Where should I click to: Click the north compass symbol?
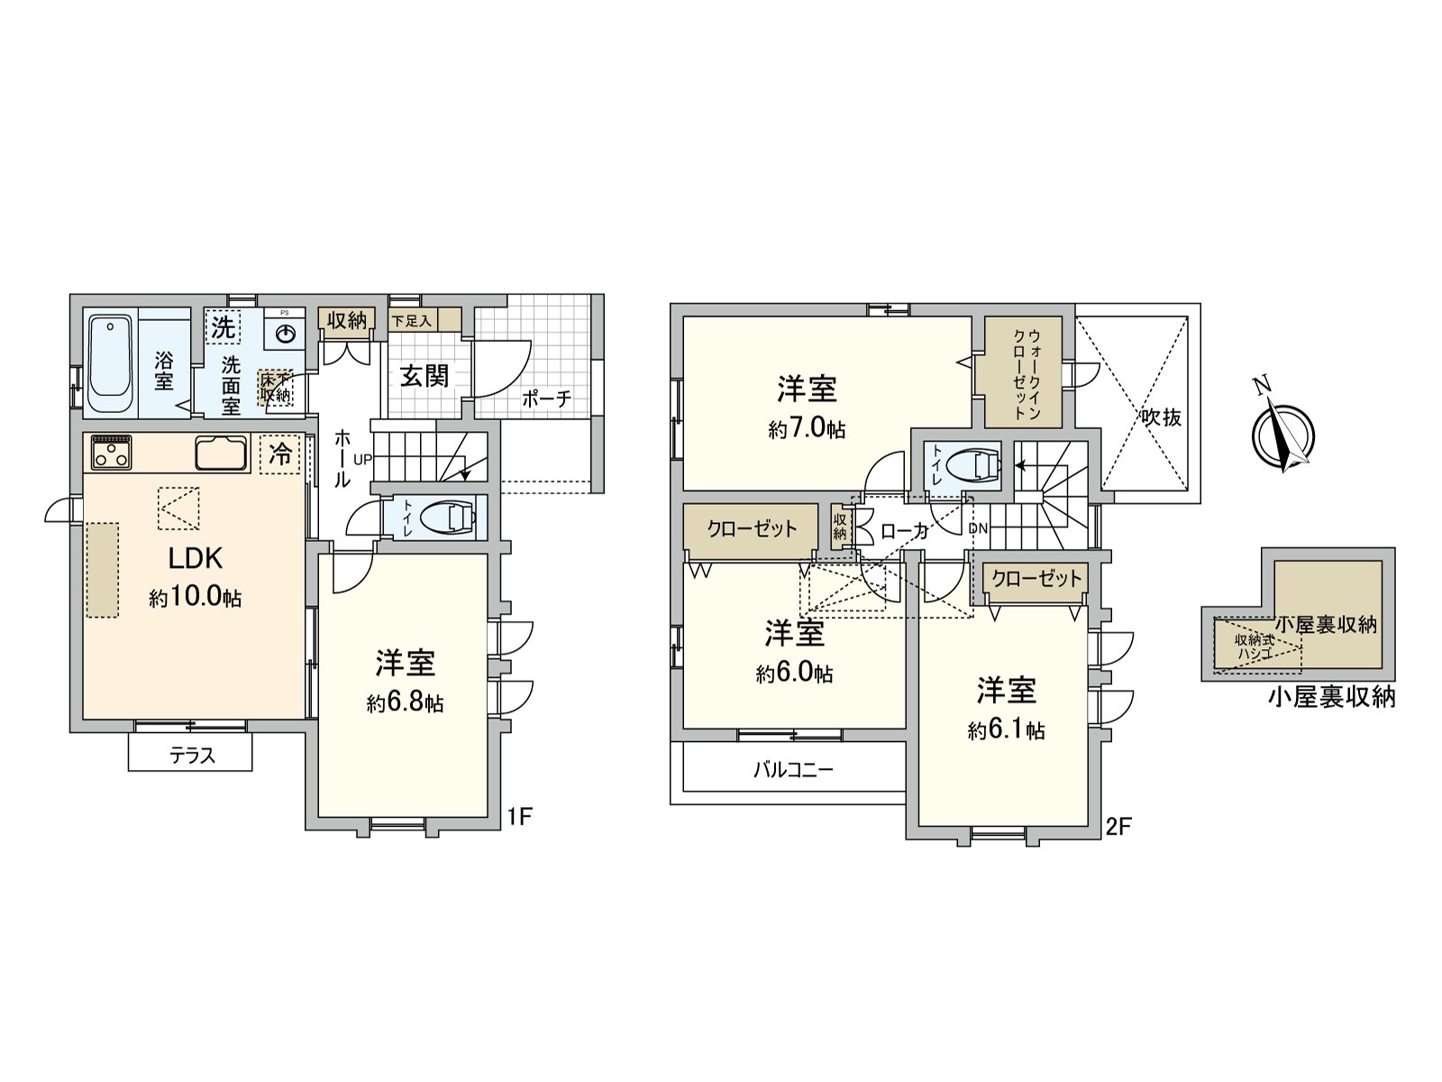(1281, 436)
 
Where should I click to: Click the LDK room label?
(195, 559)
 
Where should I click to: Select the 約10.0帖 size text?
(195, 598)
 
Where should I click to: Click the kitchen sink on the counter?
(221, 454)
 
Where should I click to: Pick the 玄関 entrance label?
(424, 375)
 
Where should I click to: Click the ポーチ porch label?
(546, 399)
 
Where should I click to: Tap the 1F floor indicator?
(521, 817)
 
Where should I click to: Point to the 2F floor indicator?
(1118, 826)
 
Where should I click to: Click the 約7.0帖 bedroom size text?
(807, 429)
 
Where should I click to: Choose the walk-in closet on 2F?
(1023, 371)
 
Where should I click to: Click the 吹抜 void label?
(1160, 417)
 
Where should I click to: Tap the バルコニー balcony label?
(793, 769)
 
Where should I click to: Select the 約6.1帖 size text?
(1006, 731)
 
